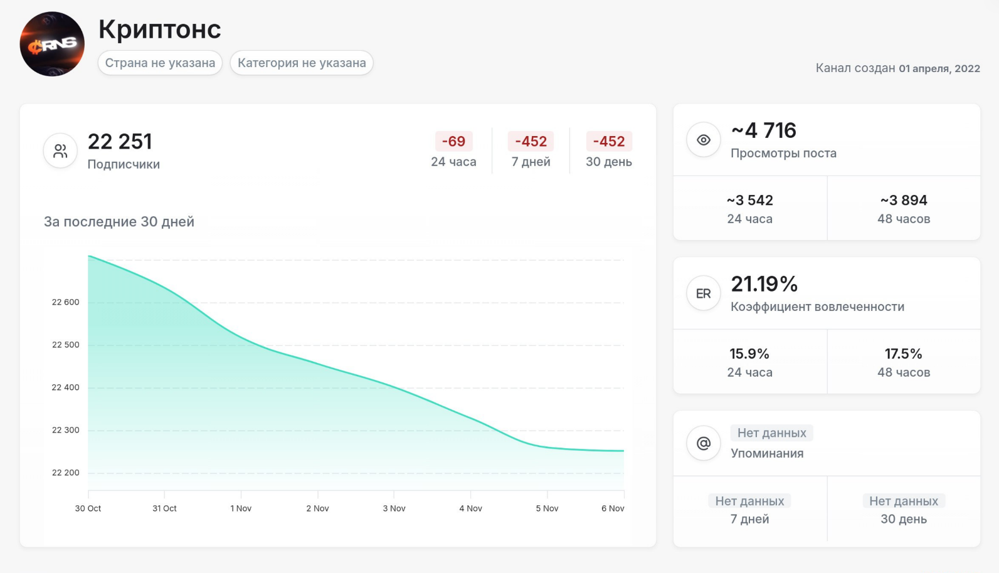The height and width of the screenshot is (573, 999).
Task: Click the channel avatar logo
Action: click(x=52, y=44)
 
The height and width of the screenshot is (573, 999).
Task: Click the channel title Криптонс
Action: click(x=159, y=29)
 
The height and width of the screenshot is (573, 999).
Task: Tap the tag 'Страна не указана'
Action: click(x=160, y=63)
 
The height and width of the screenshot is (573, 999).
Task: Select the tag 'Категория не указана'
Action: click(x=302, y=63)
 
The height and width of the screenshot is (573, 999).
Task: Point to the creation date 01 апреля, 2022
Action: click(x=939, y=68)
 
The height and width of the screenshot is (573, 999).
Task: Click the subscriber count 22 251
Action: click(x=120, y=142)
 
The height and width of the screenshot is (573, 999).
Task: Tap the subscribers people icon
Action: click(x=60, y=151)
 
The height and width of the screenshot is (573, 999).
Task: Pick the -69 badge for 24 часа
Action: click(x=453, y=142)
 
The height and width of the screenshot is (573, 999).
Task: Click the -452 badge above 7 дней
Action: click(x=531, y=142)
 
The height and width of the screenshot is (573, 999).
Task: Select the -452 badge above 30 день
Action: click(x=609, y=142)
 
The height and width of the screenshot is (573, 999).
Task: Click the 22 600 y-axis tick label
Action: click(x=66, y=302)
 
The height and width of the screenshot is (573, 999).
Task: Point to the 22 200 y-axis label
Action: click(x=66, y=473)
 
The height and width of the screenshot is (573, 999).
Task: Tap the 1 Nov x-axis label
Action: click(x=241, y=508)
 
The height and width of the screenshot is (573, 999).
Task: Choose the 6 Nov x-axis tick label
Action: click(x=613, y=508)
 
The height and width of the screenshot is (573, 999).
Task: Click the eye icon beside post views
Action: click(x=704, y=140)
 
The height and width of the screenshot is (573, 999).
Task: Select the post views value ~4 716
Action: click(x=764, y=130)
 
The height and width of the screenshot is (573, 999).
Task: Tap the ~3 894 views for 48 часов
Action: click(x=904, y=201)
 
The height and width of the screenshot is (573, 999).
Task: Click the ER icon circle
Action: click(x=704, y=293)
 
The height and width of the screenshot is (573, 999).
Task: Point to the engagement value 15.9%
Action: click(x=749, y=354)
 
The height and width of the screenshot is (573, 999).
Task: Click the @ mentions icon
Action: click(x=704, y=443)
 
